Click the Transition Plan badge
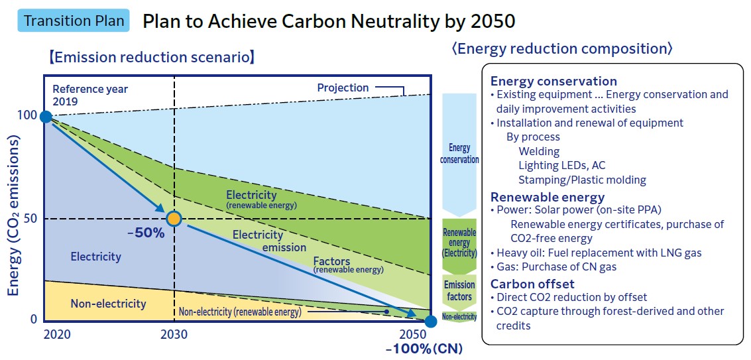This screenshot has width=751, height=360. click(74, 21)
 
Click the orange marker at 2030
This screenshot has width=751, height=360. click(174, 219)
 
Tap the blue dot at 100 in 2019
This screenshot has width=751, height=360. click(46, 117)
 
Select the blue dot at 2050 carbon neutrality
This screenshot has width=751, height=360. click(431, 322)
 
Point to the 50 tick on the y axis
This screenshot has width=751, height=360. click(30, 219)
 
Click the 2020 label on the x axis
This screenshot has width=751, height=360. click(57, 335)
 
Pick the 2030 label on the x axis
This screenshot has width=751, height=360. click(174, 335)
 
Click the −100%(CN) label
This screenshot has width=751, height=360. click(424, 349)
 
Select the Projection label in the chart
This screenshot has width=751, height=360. click(343, 88)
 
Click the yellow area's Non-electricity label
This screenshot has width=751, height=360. click(108, 304)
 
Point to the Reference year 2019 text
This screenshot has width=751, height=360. click(90, 95)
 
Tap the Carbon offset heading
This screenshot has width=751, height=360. click(532, 284)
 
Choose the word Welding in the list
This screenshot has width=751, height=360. click(539, 151)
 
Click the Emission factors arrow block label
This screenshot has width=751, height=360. click(459, 290)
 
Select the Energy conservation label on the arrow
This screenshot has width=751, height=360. click(459, 154)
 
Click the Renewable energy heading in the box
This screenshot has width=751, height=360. click(547, 197)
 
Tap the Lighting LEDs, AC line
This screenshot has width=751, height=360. click(561, 165)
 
